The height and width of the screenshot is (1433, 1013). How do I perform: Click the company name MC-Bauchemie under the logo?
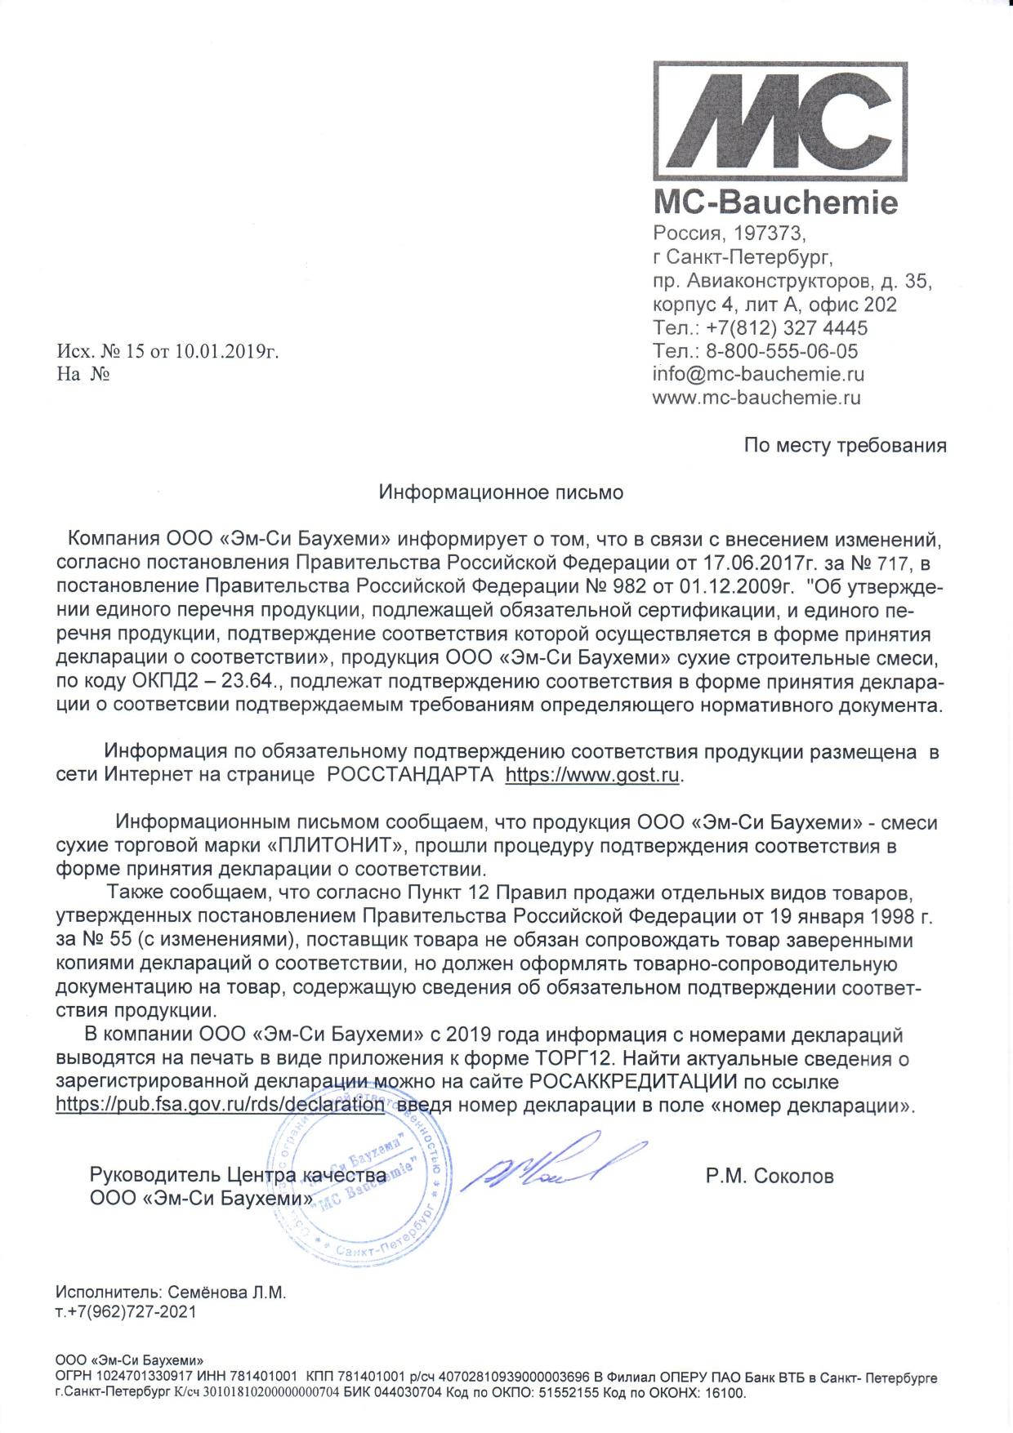tap(774, 202)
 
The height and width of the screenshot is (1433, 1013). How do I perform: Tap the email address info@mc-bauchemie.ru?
tap(758, 375)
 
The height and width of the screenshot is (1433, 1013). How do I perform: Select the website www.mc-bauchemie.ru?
tap(756, 398)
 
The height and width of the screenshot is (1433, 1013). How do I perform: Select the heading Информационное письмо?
tap(501, 492)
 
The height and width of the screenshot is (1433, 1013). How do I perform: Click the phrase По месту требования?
tap(845, 446)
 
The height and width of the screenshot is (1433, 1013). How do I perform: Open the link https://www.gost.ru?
tap(592, 774)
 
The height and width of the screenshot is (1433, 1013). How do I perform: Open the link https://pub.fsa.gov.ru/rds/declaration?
tap(220, 1106)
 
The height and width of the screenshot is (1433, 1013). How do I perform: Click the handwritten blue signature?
tap(551, 1163)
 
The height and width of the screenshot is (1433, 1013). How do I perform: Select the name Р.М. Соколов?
tap(770, 1177)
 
